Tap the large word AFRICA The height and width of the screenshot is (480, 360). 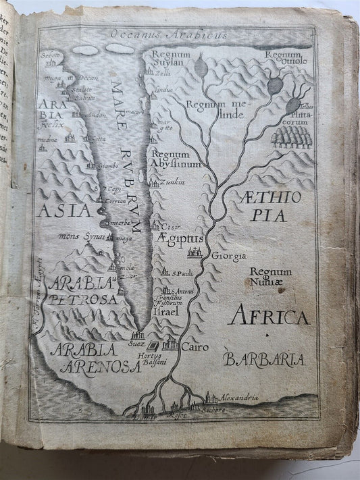pos(268,316)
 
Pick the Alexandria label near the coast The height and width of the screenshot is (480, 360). pos(238,398)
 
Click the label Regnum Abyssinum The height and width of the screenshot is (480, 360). pos(176,159)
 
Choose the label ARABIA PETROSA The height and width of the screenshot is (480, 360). pos(85,290)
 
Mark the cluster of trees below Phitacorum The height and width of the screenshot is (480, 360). pos(291,136)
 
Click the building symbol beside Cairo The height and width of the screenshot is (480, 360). pos(169,344)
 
